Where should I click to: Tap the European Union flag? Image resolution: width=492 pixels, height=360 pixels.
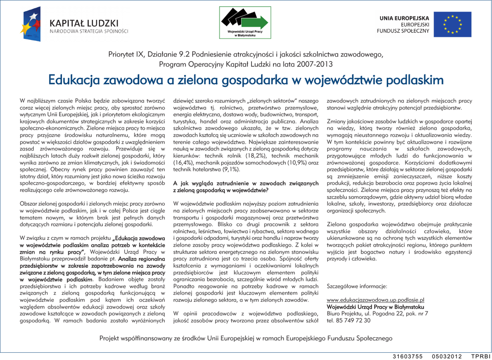coord(452,25)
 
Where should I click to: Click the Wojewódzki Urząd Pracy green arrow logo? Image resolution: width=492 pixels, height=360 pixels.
coord(245,22)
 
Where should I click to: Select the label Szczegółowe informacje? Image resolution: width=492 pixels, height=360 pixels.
coord(357,286)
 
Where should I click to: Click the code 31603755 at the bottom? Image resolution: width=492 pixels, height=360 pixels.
coord(407,356)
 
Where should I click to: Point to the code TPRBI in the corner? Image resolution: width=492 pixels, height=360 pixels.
coord(480,356)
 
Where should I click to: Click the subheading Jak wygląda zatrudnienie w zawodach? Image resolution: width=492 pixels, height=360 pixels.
coord(246,184)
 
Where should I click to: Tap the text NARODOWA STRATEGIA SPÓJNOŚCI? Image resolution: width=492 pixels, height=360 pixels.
coord(89,31)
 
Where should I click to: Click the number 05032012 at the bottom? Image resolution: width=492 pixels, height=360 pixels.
coord(447,356)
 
